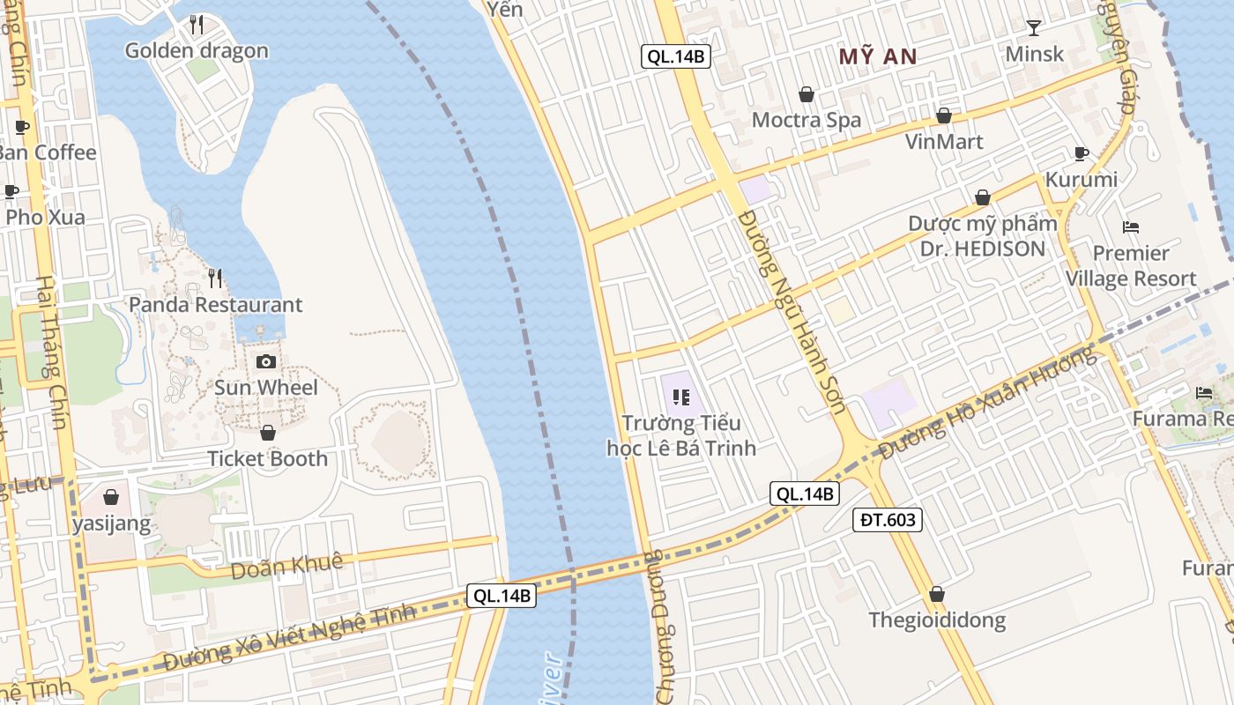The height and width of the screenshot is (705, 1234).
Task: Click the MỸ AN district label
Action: (x=877, y=57)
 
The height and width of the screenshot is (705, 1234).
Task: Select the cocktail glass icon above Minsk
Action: (x=1034, y=28)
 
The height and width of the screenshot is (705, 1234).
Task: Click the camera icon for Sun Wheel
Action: (x=265, y=361)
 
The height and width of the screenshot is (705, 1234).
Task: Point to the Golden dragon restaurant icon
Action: (x=197, y=25)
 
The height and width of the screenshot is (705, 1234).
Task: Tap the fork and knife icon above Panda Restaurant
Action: (x=215, y=278)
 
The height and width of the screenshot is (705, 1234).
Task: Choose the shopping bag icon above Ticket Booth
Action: (x=268, y=433)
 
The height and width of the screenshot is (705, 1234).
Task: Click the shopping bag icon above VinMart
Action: (x=944, y=115)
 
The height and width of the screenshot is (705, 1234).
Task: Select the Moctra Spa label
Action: (x=806, y=120)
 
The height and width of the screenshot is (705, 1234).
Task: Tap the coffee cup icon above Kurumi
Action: (x=1082, y=154)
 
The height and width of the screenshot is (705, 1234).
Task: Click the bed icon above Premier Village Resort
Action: (x=1131, y=227)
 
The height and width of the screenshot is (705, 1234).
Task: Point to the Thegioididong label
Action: (x=936, y=620)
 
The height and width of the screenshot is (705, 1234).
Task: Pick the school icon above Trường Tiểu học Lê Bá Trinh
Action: (x=680, y=397)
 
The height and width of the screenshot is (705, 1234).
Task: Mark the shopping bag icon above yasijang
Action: (x=111, y=497)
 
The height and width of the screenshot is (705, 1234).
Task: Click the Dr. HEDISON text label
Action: (x=982, y=249)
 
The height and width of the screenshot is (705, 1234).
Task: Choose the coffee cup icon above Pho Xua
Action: (x=11, y=191)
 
